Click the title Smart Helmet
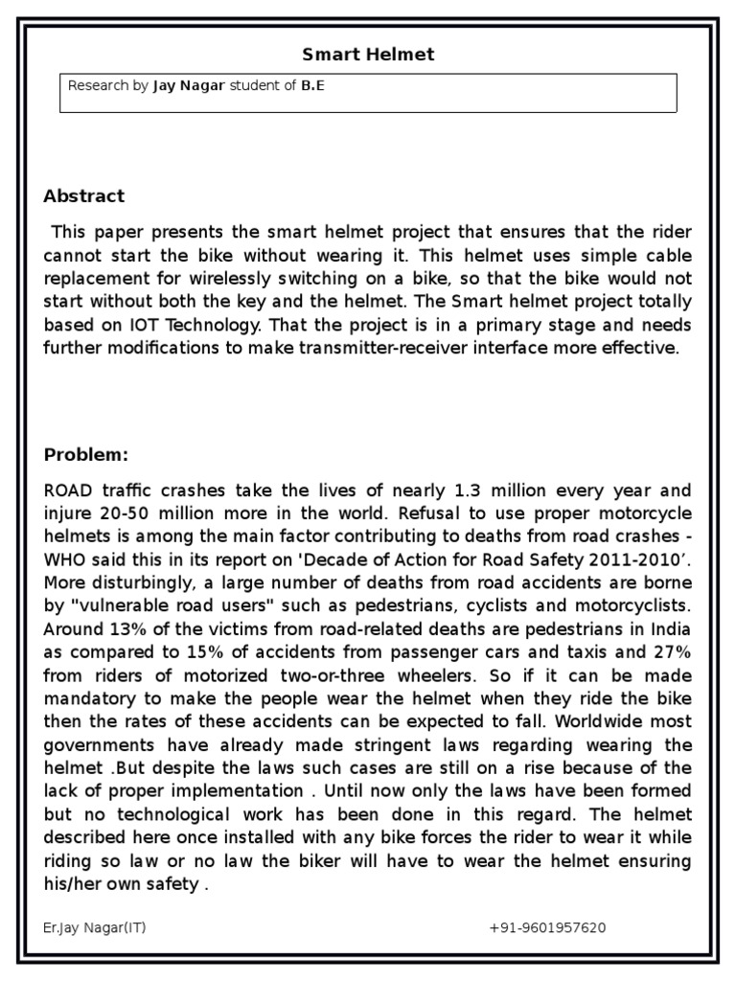click(x=369, y=55)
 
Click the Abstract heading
click(x=84, y=196)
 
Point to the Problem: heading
click(x=85, y=454)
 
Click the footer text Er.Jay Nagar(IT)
click(x=95, y=928)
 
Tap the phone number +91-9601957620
click(x=547, y=928)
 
